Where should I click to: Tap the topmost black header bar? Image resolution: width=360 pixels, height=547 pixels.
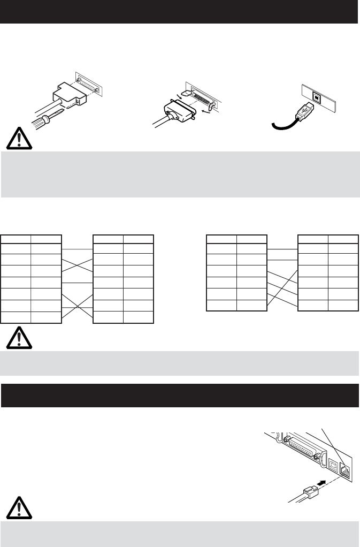180,11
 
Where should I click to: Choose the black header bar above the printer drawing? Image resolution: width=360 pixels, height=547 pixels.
180,395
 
